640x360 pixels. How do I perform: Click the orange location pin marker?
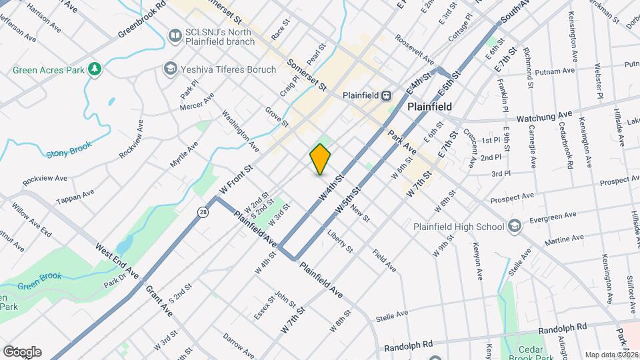point(320,159)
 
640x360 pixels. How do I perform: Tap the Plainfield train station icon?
point(386,95)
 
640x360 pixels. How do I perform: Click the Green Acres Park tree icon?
point(95,69)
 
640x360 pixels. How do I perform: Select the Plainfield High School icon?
point(513,227)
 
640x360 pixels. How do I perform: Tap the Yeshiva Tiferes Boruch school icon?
point(171,69)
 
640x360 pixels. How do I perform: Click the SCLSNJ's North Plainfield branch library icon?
point(175,35)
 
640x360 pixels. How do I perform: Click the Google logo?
point(22,351)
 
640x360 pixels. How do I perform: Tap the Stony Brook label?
point(68,153)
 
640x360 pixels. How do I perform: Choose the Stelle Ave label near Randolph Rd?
point(391,315)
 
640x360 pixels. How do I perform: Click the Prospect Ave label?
point(512,199)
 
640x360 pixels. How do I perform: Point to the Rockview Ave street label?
point(45,179)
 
